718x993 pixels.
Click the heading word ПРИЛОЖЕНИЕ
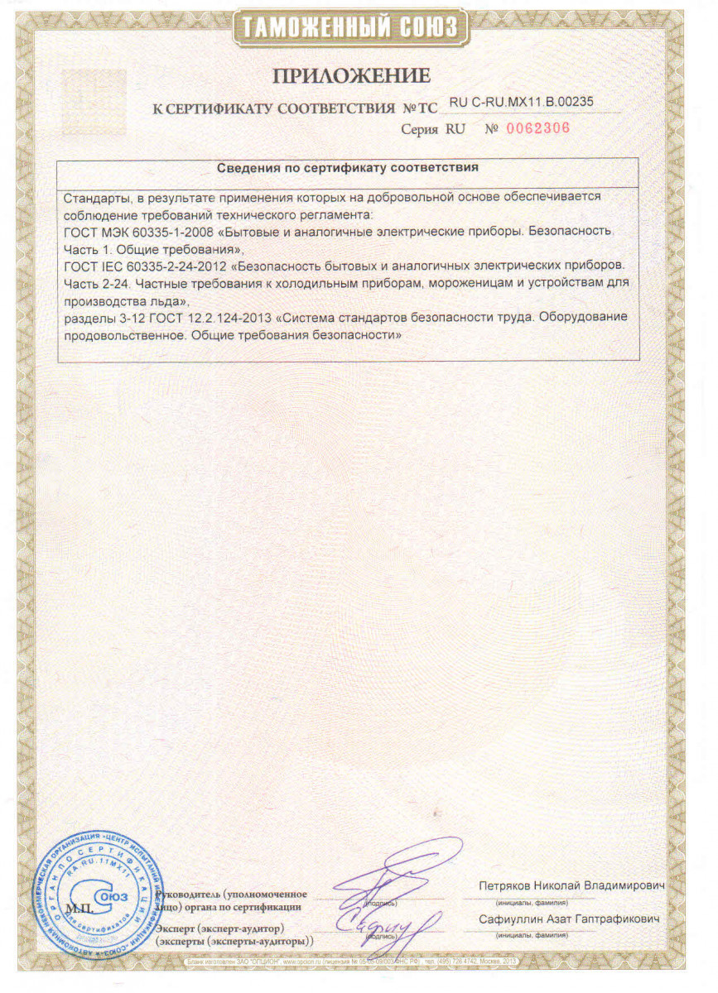click(x=352, y=76)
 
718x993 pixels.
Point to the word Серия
click(x=419, y=130)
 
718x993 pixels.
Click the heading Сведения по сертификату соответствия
click(x=348, y=167)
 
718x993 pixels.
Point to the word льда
click(x=156, y=300)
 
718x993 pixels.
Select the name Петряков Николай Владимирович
click(x=572, y=886)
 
